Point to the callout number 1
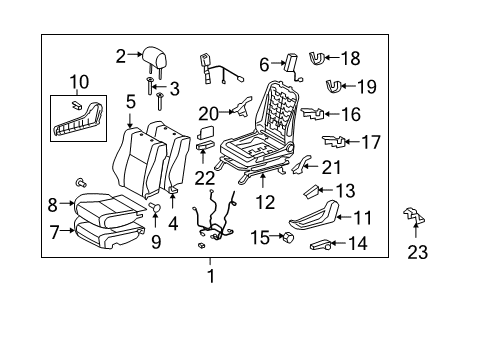click(x=210, y=275)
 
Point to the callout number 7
click(x=55, y=232)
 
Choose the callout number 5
click(x=130, y=101)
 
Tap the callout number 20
click(x=208, y=113)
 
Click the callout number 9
click(x=155, y=240)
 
